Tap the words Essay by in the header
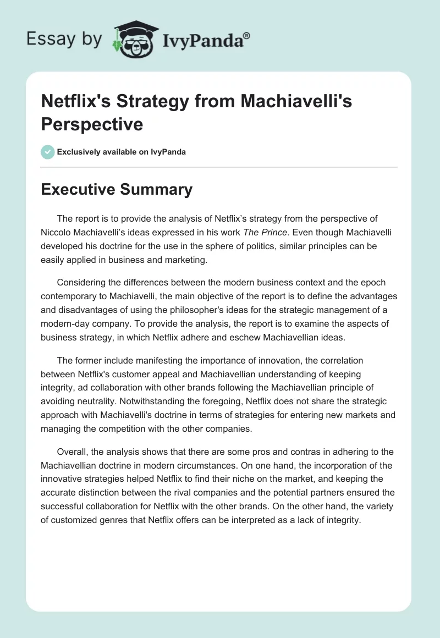(x=64, y=39)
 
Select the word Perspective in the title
(x=92, y=124)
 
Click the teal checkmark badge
(x=48, y=152)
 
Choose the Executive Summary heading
(x=117, y=189)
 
